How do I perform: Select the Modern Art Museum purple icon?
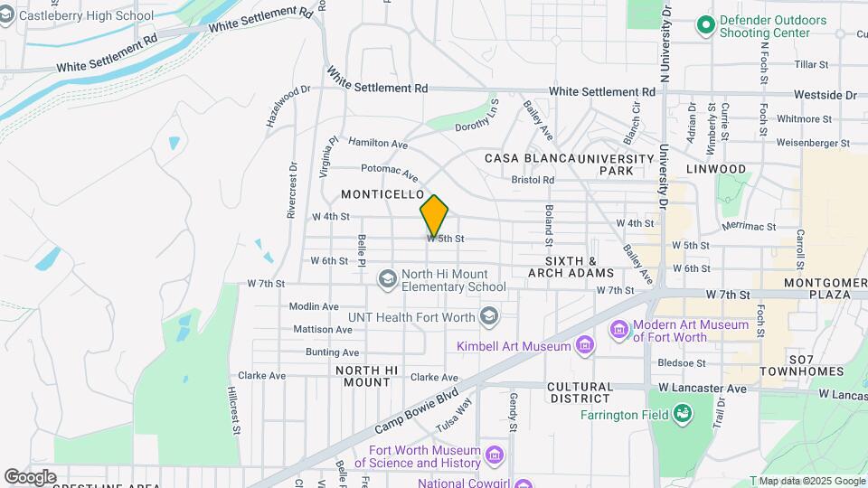point(619,328)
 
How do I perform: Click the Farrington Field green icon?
point(683,415)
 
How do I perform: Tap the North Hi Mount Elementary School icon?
point(388,277)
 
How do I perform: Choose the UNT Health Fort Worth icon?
point(489,315)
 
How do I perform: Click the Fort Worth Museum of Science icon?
point(494,454)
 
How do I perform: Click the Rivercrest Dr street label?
point(292,189)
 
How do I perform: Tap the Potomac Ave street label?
point(389,171)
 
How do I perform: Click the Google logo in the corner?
point(30,476)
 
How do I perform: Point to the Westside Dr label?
point(825,94)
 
